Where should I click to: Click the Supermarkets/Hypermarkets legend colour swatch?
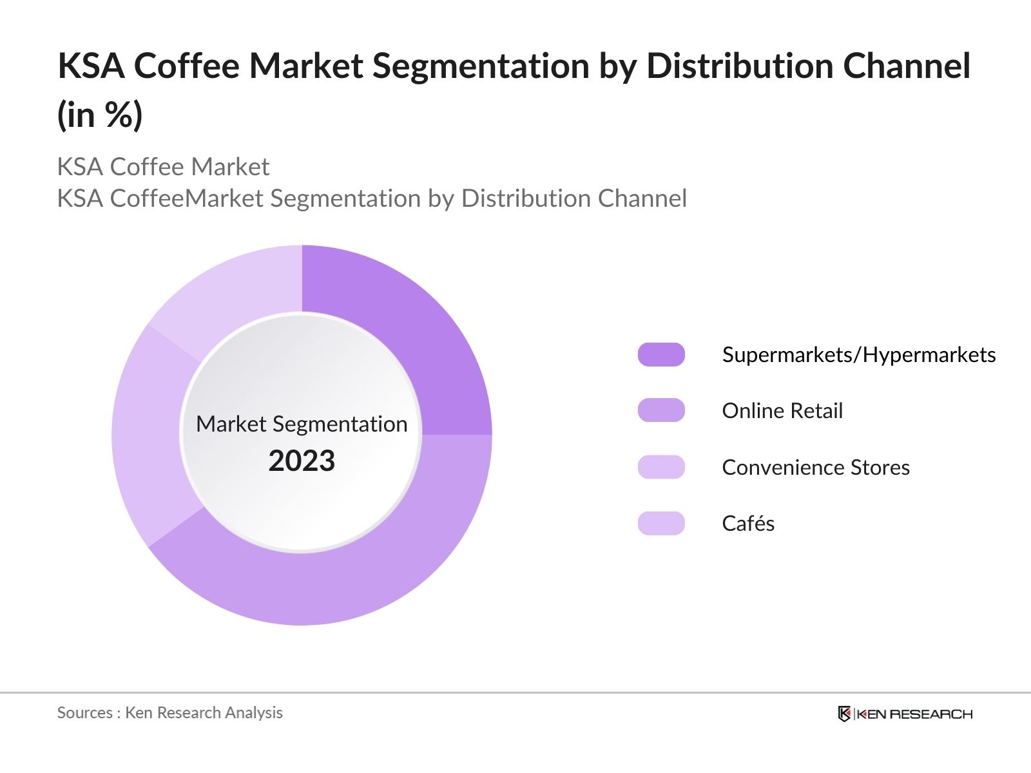(x=661, y=354)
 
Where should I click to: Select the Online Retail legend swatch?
(x=661, y=410)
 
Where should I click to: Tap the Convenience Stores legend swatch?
(x=661, y=467)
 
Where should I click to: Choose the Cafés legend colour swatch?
(x=661, y=523)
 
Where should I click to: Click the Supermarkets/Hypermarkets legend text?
(x=858, y=354)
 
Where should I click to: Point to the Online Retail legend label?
(x=782, y=410)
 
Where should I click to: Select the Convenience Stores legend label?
(x=816, y=467)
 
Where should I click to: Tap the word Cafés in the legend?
(x=748, y=523)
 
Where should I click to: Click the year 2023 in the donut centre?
(x=302, y=461)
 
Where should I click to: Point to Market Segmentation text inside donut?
(x=302, y=424)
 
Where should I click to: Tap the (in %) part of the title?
(x=100, y=116)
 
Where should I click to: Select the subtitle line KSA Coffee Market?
(x=163, y=167)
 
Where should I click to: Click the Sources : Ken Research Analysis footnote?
(x=169, y=712)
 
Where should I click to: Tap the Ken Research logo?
(x=905, y=714)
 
